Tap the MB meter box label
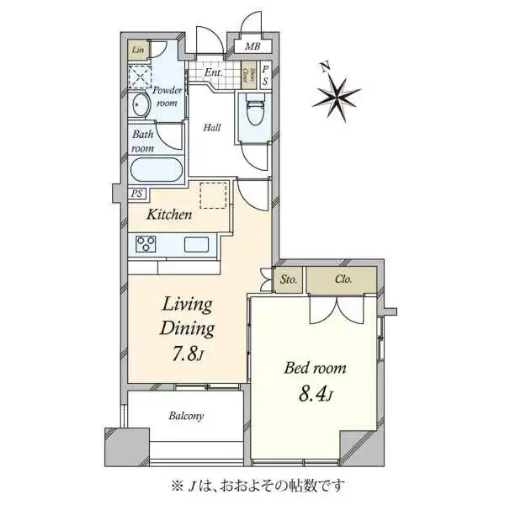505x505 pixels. tap(252, 46)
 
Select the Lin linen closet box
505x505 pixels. tap(136, 50)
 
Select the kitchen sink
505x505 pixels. tap(197, 245)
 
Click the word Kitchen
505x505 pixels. tap(169, 215)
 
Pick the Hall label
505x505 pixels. tap(211, 128)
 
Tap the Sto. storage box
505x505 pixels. tap(288, 279)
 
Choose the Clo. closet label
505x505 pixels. tap(343, 279)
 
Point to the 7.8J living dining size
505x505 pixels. tap(186, 353)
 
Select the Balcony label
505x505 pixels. tap(185, 416)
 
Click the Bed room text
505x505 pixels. tap(314, 369)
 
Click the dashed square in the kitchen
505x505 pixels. tap(214, 196)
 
